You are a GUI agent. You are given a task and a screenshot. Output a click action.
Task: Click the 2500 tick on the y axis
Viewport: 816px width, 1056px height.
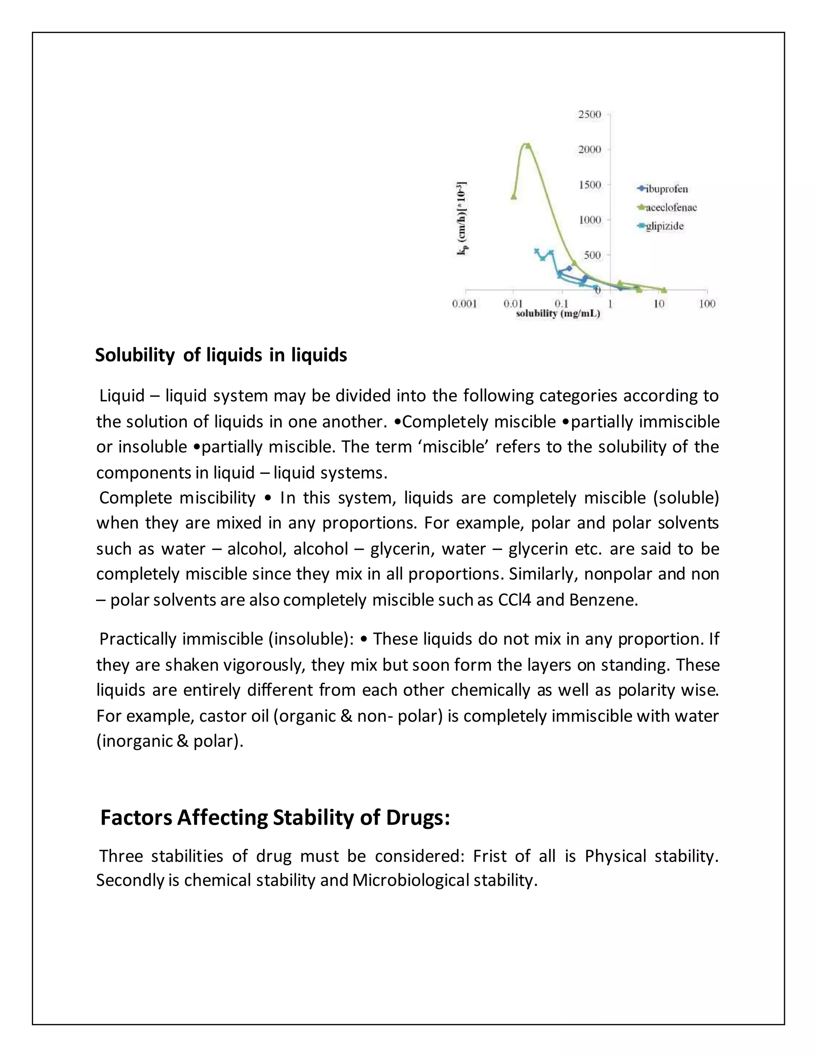(590, 115)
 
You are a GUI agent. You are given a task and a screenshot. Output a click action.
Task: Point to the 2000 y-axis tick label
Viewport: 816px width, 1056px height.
(590, 149)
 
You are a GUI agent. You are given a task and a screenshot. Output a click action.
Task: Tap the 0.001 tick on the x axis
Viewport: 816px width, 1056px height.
(465, 304)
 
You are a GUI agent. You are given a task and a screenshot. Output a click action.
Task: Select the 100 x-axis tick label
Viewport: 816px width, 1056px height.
(707, 304)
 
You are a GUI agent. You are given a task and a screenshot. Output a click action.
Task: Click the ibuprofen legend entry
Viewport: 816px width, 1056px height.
(666, 189)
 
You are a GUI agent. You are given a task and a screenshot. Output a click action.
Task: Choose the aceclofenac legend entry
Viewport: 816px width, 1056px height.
(671, 208)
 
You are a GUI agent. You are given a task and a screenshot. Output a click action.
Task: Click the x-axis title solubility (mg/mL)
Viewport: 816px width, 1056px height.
(558, 314)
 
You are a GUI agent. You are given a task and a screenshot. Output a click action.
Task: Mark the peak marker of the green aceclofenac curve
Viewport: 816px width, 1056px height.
(528, 145)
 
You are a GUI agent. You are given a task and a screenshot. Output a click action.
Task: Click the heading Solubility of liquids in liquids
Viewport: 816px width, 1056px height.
(221, 355)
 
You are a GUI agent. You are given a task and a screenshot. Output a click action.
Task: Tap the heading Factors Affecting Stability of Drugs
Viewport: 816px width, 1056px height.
(275, 817)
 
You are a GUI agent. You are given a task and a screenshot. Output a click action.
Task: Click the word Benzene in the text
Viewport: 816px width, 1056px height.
(603, 600)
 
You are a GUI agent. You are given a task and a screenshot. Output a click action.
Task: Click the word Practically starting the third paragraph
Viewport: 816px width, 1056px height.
(138, 639)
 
